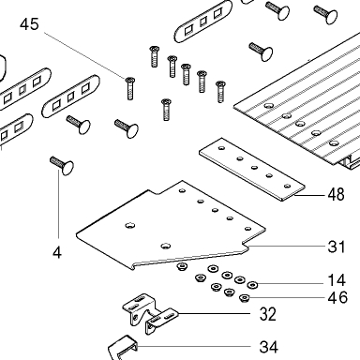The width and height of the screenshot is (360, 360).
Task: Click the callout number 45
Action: click(x=29, y=24)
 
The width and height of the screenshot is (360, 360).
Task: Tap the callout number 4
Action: click(x=57, y=252)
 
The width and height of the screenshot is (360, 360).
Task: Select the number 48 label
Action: click(x=336, y=194)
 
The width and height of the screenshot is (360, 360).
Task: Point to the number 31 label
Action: click(x=337, y=247)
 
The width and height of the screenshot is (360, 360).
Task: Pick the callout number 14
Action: click(x=337, y=280)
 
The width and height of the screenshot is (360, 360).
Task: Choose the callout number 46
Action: click(x=337, y=297)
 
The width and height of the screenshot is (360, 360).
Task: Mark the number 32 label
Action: click(x=268, y=314)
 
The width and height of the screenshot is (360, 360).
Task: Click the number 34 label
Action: click(x=269, y=347)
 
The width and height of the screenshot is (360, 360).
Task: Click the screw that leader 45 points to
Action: click(x=130, y=88)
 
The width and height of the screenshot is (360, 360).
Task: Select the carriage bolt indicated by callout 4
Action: click(x=62, y=166)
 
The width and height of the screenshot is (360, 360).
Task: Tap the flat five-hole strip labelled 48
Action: click(x=251, y=169)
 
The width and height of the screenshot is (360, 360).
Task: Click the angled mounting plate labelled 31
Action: click(x=172, y=226)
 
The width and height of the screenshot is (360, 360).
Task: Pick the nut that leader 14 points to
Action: click(x=252, y=285)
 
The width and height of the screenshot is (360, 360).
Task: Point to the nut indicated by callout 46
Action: click(x=244, y=298)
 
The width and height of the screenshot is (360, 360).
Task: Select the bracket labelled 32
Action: click(x=149, y=313)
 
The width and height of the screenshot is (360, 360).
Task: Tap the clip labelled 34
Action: click(x=123, y=348)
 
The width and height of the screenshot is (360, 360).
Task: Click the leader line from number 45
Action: click(x=84, y=55)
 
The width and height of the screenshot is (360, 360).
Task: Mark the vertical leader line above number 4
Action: click(x=58, y=205)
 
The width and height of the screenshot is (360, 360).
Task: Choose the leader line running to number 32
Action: click(x=214, y=313)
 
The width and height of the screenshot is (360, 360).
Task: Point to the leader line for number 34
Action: click(x=194, y=346)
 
